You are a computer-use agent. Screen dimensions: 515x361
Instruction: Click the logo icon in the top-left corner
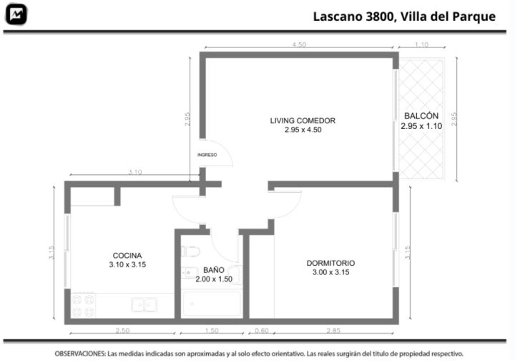coord(16,14)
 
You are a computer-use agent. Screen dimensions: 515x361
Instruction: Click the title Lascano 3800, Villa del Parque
coord(404,16)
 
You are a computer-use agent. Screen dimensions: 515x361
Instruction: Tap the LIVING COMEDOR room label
coord(303,120)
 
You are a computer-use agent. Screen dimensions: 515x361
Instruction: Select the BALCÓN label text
coord(421,116)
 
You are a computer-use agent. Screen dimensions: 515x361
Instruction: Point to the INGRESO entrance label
coord(207,155)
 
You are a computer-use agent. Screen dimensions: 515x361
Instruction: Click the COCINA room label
coord(127,256)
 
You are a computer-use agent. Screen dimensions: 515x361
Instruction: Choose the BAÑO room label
coord(214,270)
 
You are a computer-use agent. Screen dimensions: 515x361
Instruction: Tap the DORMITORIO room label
coord(330,263)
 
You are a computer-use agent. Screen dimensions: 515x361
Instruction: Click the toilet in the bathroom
coord(190,252)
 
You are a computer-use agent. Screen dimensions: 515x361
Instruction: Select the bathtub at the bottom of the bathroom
coord(212,304)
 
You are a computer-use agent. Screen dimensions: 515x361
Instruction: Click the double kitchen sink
coord(144,305)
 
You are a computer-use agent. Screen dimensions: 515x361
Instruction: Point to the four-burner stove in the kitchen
coord(83,305)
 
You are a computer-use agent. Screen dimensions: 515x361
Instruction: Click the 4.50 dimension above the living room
coord(299,44)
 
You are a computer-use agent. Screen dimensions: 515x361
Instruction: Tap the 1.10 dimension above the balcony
coord(421,44)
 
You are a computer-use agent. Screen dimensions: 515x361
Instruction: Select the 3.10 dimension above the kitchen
coord(135,172)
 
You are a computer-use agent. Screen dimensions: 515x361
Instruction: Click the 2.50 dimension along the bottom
coord(122,330)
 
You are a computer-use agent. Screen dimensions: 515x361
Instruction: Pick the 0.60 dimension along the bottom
coord(262,330)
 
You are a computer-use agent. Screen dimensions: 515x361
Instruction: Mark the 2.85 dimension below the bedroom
coord(333,330)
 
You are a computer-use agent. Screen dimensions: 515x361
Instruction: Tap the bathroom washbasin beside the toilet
coord(190,273)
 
